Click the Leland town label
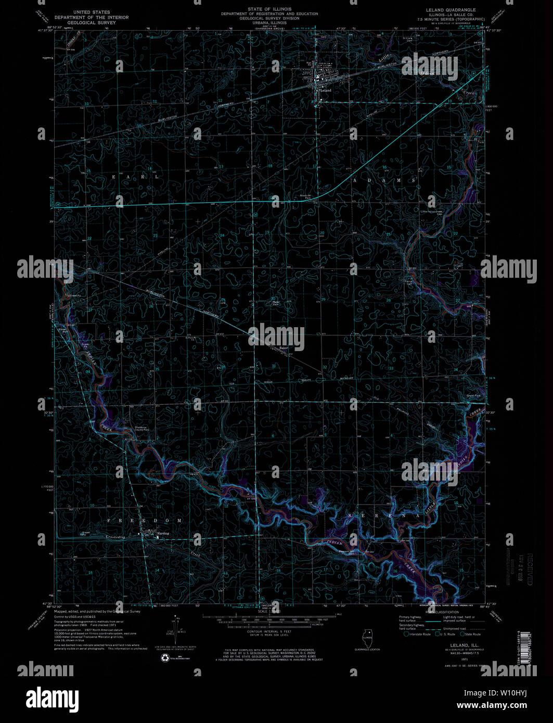[x=326, y=91]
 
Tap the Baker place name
[x=284, y=348]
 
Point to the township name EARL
[x=134, y=177]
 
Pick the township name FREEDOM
[x=145, y=520]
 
